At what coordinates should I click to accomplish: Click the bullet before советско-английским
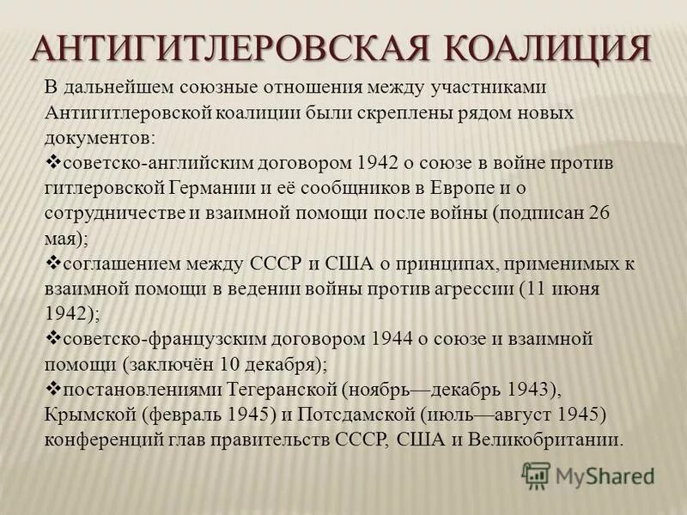pos(53,161)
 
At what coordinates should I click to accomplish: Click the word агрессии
pos(471,288)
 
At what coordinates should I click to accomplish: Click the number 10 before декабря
pos(231,364)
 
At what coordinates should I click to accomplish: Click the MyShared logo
pos(588,476)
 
